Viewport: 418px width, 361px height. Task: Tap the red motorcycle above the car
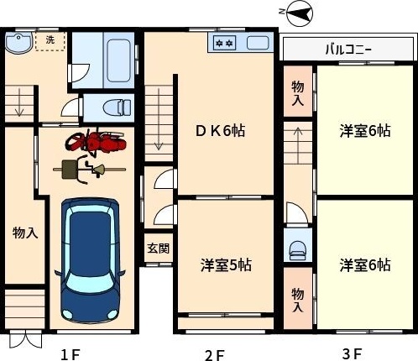pyautogui.click(x=97, y=144)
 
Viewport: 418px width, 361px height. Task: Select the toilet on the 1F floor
pyautogui.click(x=114, y=107)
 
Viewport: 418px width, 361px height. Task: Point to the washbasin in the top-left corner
pyautogui.click(x=19, y=43)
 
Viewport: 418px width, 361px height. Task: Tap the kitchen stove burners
pyautogui.click(x=224, y=43)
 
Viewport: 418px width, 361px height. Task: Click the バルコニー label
pyautogui.click(x=348, y=49)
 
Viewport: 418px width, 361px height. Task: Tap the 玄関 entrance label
pyautogui.click(x=159, y=249)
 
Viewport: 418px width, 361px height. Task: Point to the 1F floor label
pyautogui.click(x=71, y=353)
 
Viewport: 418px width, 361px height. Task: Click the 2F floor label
pyautogui.click(x=215, y=353)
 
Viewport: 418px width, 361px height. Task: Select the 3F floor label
pyautogui.click(x=352, y=353)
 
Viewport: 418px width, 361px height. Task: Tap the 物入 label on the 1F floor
pyautogui.click(x=24, y=233)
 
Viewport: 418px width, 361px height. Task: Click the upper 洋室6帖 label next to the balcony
pyautogui.click(x=364, y=131)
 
